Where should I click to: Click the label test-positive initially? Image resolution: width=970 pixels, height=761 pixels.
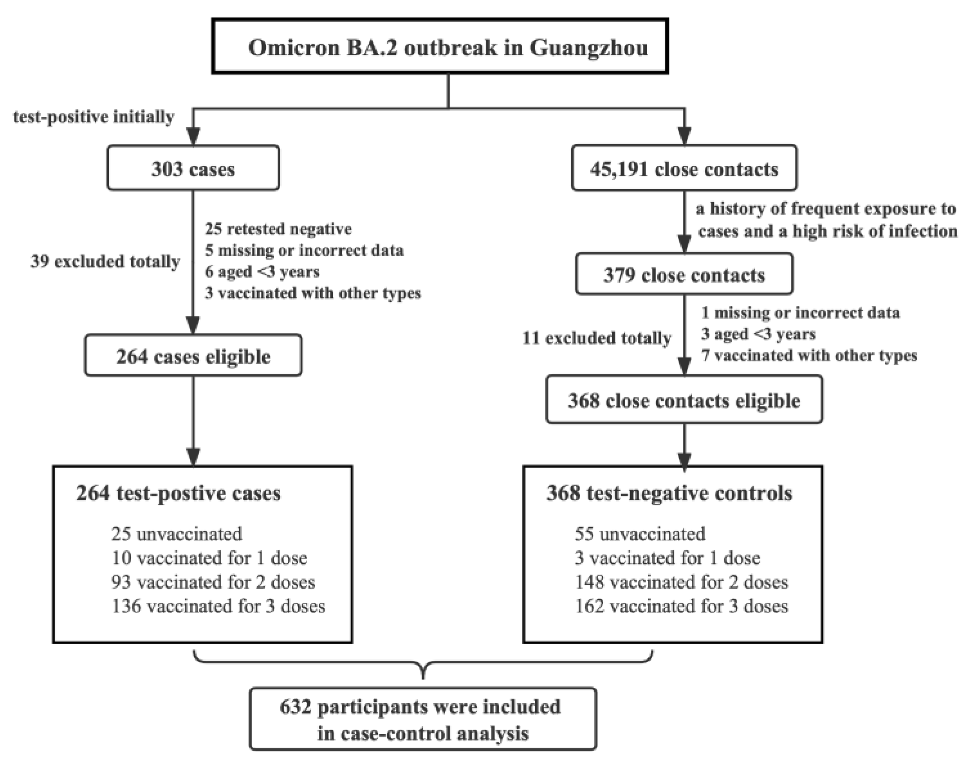point(93,117)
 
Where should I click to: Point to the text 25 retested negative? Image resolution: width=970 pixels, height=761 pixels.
point(278,229)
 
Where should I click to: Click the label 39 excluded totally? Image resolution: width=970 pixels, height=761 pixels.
point(105,262)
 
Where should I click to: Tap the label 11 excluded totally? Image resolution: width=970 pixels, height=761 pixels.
point(596,338)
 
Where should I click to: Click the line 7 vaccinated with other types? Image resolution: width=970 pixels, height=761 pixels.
point(809,355)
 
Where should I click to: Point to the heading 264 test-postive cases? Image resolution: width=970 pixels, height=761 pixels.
point(178,493)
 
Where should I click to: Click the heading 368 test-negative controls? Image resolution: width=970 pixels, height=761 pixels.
point(669,493)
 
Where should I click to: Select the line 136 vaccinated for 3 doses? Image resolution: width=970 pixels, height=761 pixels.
point(219,606)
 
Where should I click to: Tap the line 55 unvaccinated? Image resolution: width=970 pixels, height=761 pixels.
point(640,534)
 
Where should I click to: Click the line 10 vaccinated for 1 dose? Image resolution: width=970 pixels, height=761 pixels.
point(209,558)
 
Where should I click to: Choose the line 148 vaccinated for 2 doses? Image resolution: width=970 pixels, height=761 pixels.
point(681,582)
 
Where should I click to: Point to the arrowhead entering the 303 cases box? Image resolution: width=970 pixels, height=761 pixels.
point(193,136)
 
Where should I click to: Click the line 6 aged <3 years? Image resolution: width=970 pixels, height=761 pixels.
point(262,272)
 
